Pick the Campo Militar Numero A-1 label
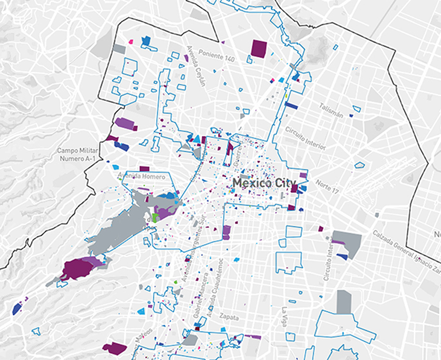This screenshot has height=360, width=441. coord(77,153)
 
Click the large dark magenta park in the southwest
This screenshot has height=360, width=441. coord(78,269)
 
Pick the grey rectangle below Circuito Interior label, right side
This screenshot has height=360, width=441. coord(343,301)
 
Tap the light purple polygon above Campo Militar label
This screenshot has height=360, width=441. coord(125,124)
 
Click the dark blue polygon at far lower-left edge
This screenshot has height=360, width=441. coord(16,309)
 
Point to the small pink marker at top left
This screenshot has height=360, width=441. coord(131,41)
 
